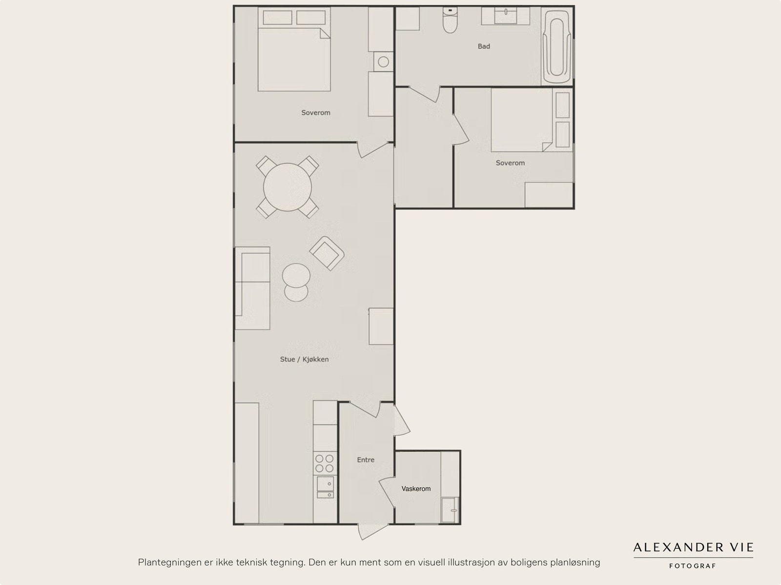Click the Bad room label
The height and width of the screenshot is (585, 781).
point(484,46)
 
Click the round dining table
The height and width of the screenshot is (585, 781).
point(288,187)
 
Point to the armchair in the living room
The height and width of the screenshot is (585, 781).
point(327,253)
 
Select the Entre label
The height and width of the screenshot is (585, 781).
point(366,460)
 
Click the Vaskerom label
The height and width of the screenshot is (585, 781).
point(416,488)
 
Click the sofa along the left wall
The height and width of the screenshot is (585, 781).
point(252,288)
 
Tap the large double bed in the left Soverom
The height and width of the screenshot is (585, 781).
point(294,59)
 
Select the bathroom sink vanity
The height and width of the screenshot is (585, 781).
point(505,16)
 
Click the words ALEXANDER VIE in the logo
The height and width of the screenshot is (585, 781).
point(693,547)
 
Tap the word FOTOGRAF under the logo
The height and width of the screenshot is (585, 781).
point(693,566)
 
